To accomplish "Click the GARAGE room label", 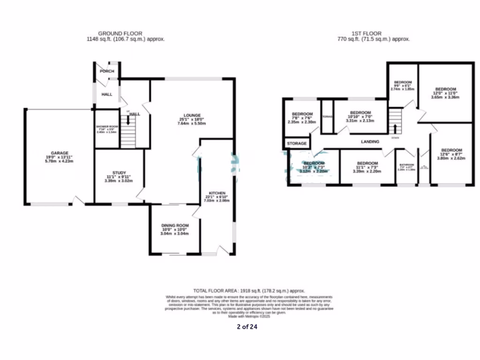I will (x=60, y=153).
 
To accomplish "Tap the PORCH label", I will (x=107, y=71).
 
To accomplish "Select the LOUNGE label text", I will (x=192, y=115).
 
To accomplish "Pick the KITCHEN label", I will (x=217, y=193).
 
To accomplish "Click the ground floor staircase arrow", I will (x=128, y=120).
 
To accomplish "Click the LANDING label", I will (x=370, y=142).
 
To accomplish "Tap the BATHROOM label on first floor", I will (x=406, y=165).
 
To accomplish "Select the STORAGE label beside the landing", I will (x=297, y=143).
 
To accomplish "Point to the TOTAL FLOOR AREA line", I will (x=249, y=291).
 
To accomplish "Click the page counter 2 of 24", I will (x=247, y=327).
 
